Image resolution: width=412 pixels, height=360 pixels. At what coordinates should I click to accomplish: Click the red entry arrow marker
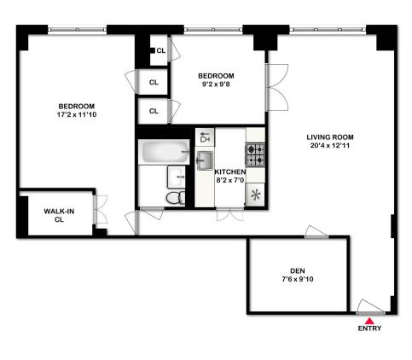(369, 319)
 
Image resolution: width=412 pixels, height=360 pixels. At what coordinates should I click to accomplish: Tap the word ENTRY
(369, 329)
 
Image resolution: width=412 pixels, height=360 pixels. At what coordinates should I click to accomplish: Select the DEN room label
(297, 268)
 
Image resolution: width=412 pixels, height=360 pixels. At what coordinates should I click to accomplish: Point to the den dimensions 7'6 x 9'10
(297, 279)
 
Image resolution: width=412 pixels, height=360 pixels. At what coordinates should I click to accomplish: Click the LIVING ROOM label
(331, 136)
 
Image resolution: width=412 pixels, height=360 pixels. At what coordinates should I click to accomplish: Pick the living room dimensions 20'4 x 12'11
(331, 148)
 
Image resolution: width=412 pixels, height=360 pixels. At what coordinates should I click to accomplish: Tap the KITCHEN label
(229, 171)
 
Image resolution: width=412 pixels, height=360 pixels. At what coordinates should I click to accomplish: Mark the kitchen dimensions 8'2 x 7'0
(229, 181)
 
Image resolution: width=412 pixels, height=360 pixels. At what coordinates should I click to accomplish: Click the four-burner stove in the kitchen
(256, 154)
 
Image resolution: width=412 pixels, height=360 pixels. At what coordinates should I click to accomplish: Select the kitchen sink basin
(205, 160)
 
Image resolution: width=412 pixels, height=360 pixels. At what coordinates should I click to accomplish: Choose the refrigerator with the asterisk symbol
(255, 194)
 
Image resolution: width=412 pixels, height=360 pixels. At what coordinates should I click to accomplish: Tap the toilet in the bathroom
(174, 197)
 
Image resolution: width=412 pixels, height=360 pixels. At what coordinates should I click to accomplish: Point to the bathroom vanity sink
(177, 177)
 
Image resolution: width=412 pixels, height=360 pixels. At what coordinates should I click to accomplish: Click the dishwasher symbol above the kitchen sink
(205, 137)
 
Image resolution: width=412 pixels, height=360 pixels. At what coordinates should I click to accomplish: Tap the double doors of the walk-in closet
(100, 213)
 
